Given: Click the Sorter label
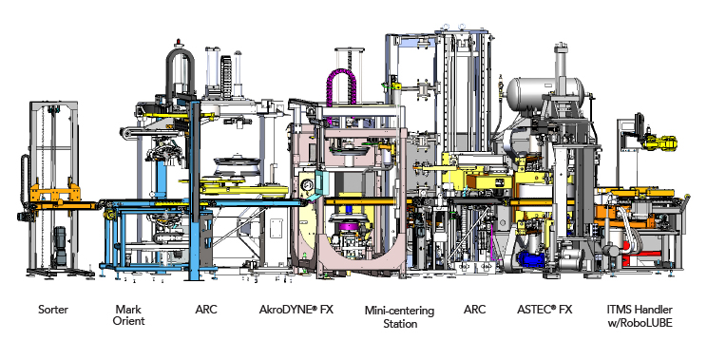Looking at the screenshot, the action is [53, 310].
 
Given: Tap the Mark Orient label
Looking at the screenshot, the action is [128, 315].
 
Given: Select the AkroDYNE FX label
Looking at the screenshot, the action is [296, 310].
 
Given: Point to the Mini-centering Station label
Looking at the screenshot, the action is [399, 316].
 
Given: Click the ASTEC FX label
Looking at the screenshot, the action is [545, 310].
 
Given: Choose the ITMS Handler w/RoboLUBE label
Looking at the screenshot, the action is [640, 316].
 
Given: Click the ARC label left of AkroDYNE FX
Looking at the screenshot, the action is [206, 310].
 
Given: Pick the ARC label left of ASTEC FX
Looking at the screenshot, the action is [475, 310].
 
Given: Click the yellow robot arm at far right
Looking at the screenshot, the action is [659, 142].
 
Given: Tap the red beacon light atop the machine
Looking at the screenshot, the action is [180, 42].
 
